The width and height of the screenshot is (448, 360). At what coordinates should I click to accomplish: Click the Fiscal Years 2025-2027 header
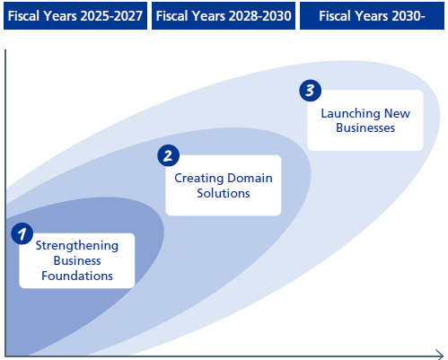point(75,15)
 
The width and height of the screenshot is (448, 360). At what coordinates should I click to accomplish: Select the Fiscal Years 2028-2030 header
point(223,15)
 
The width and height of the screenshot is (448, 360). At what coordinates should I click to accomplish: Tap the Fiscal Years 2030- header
point(373,15)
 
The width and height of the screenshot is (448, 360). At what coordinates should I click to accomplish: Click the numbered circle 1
point(22,233)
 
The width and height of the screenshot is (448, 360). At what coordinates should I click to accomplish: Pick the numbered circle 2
point(167,155)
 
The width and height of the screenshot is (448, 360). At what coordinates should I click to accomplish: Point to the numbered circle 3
point(309,91)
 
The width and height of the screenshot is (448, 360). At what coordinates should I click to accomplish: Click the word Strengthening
point(76,244)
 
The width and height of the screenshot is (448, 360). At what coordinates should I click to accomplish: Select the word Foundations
point(76,277)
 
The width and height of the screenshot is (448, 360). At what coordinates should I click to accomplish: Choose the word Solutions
point(224,193)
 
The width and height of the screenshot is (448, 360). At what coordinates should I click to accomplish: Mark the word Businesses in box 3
point(365,127)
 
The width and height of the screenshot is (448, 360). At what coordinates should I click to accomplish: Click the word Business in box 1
point(76,260)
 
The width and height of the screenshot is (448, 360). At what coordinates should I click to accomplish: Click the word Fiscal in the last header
point(339,15)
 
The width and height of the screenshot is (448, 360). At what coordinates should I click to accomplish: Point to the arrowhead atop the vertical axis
point(6,52)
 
